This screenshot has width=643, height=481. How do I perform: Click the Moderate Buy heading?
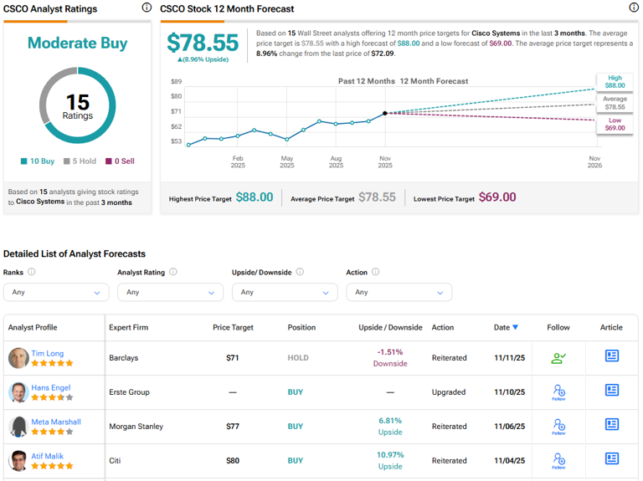tap(77, 43)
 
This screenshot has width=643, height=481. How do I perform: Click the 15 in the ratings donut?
tap(77, 102)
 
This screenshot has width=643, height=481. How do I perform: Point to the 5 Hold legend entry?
tap(82, 161)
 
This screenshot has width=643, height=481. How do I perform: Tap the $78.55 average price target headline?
tap(203, 43)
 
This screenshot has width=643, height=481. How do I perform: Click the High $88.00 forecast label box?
tap(615, 81)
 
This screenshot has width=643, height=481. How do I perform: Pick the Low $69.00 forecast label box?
tap(615, 125)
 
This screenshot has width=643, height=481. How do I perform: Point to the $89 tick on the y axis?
tap(176, 81)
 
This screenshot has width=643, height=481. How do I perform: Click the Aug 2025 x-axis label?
tap(336, 161)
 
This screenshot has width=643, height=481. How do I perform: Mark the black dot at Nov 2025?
tap(385, 113)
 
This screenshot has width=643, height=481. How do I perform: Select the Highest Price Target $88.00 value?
tap(254, 197)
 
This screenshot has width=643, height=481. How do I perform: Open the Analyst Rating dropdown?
tap(170, 292)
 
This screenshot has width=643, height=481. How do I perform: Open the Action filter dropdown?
tap(399, 292)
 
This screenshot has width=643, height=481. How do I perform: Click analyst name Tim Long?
tap(47, 353)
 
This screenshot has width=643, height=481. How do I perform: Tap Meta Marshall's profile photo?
tap(18, 427)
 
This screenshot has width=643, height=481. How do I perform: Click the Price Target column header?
tap(233, 327)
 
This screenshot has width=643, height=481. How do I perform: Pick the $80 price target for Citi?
tap(233, 461)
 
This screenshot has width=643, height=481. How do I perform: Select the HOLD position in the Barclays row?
tap(298, 358)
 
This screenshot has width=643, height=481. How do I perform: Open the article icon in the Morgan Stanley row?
tap(612, 424)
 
